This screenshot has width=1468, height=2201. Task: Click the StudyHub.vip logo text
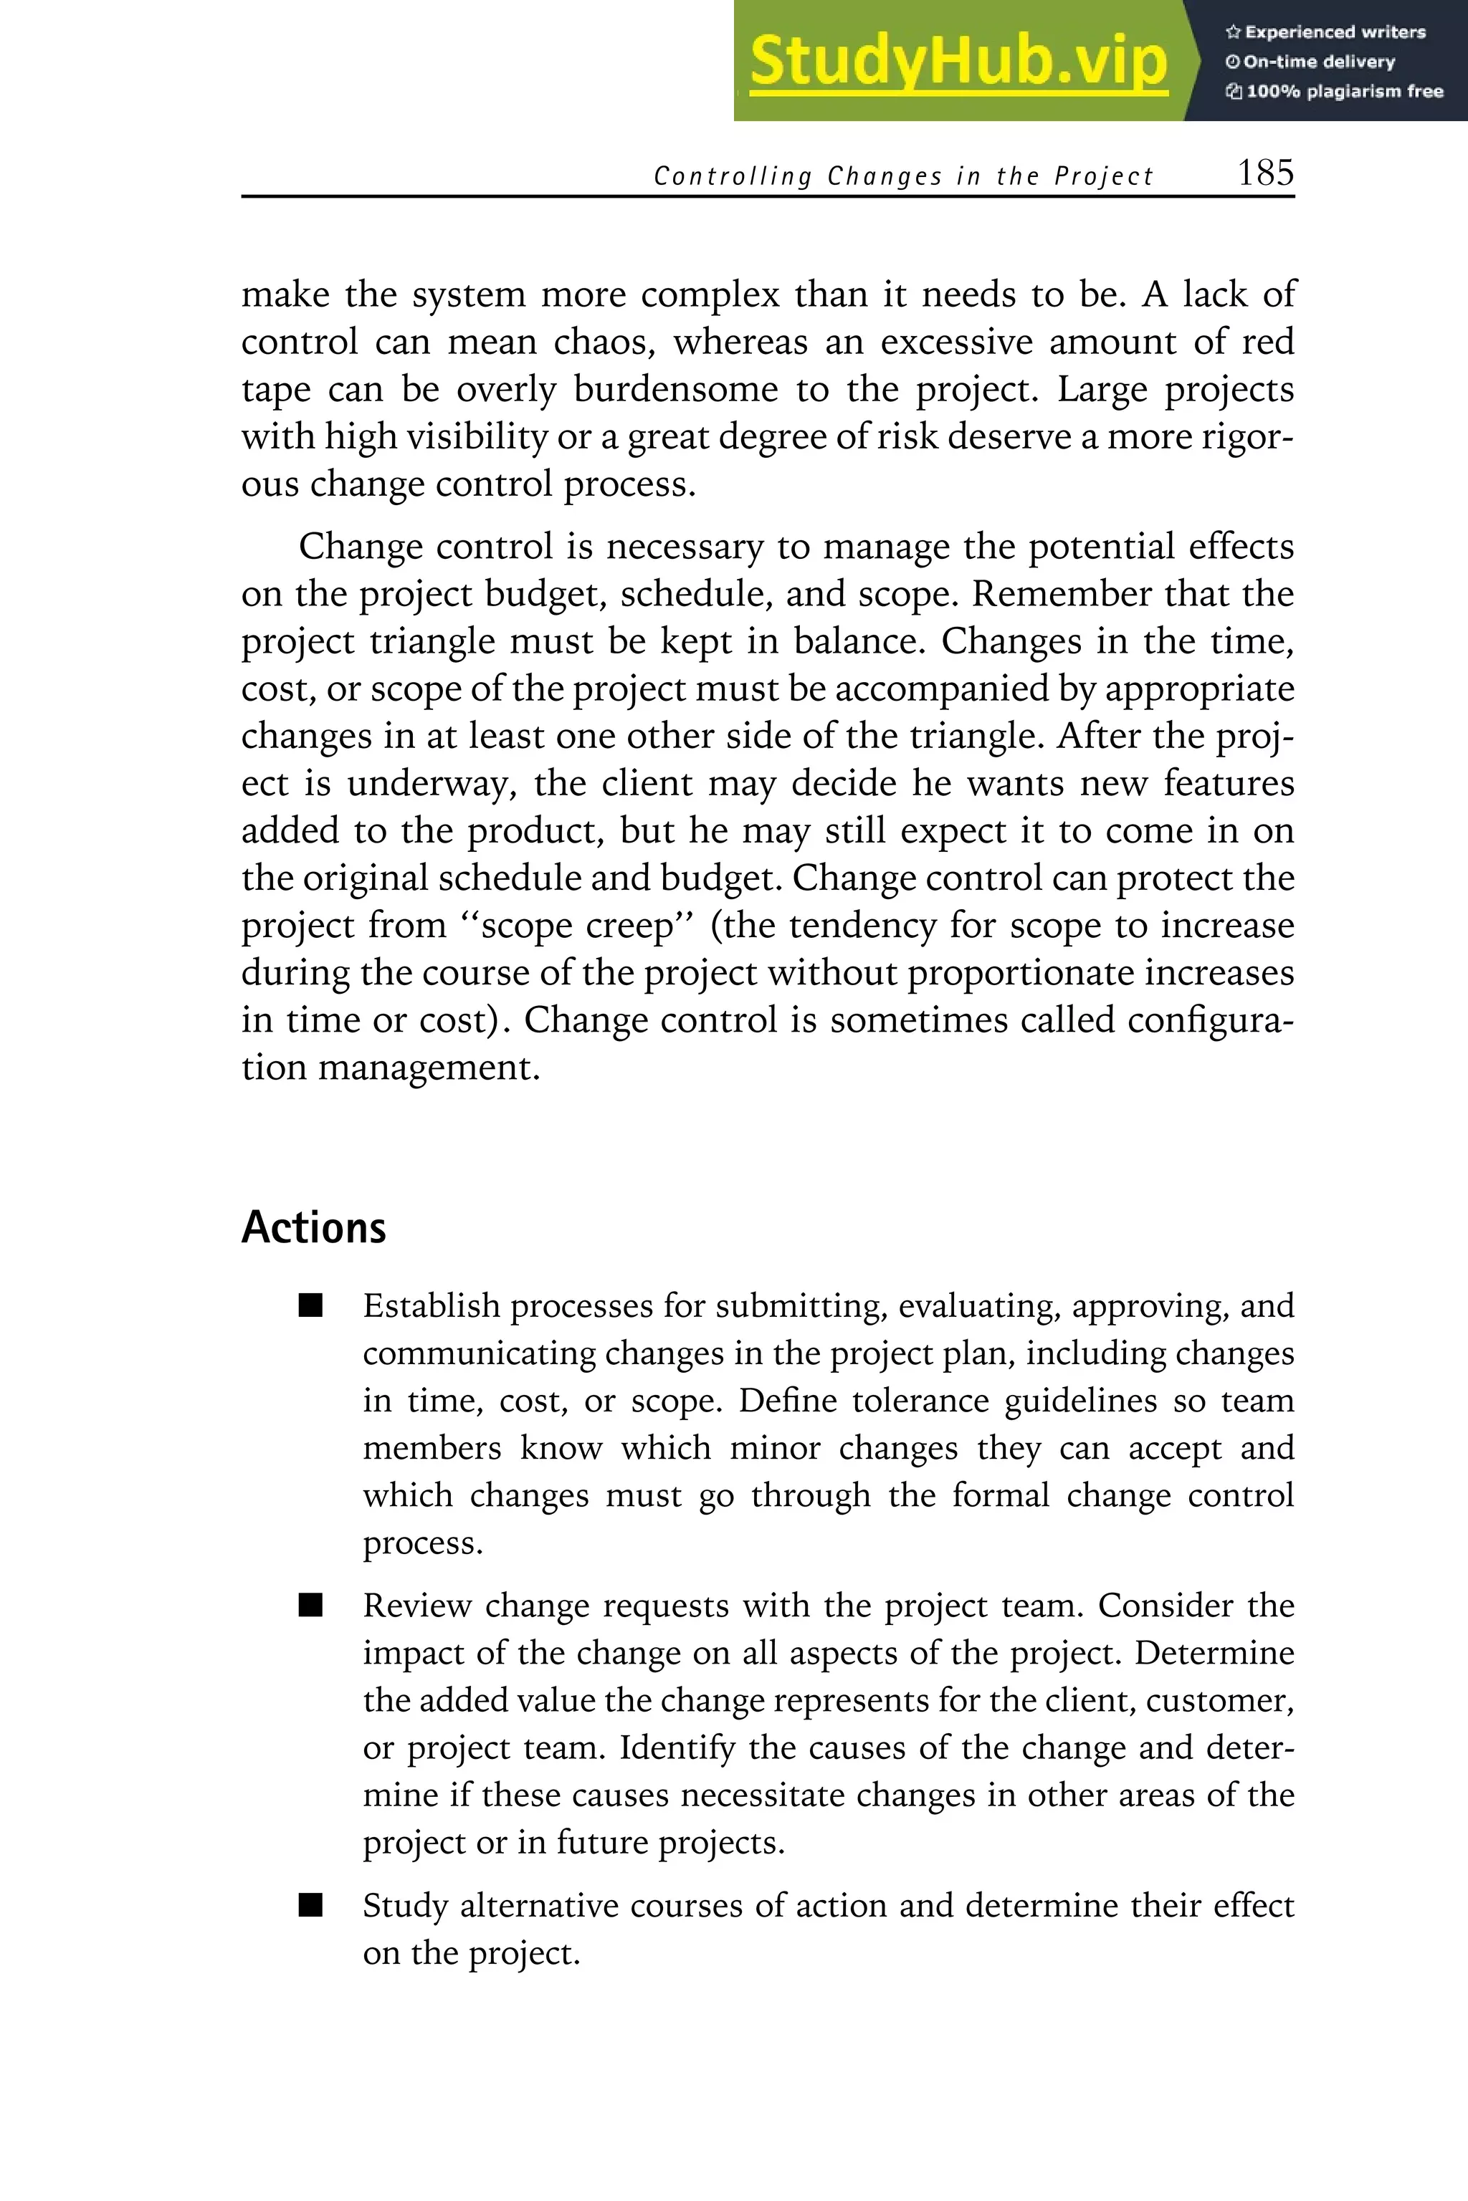(x=958, y=62)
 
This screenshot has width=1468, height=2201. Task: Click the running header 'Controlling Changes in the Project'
(x=902, y=176)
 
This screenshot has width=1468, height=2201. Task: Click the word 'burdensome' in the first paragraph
(x=675, y=389)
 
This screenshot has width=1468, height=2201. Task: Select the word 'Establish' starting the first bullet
(x=431, y=1305)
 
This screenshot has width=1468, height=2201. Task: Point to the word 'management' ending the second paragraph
(x=428, y=1068)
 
